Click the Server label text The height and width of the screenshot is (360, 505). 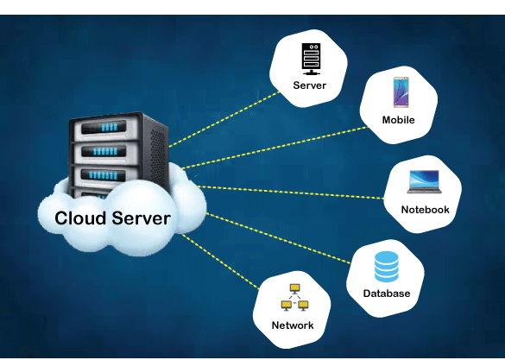[308, 85]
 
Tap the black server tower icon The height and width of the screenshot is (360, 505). [309, 59]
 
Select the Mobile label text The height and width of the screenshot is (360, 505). [398, 120]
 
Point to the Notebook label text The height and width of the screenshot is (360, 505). [425, 210]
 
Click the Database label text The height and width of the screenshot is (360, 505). [386, 294]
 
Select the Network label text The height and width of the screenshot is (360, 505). [293, 325]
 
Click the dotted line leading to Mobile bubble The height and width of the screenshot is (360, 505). [276, 147]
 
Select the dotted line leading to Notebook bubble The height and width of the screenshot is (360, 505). [294, 192]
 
